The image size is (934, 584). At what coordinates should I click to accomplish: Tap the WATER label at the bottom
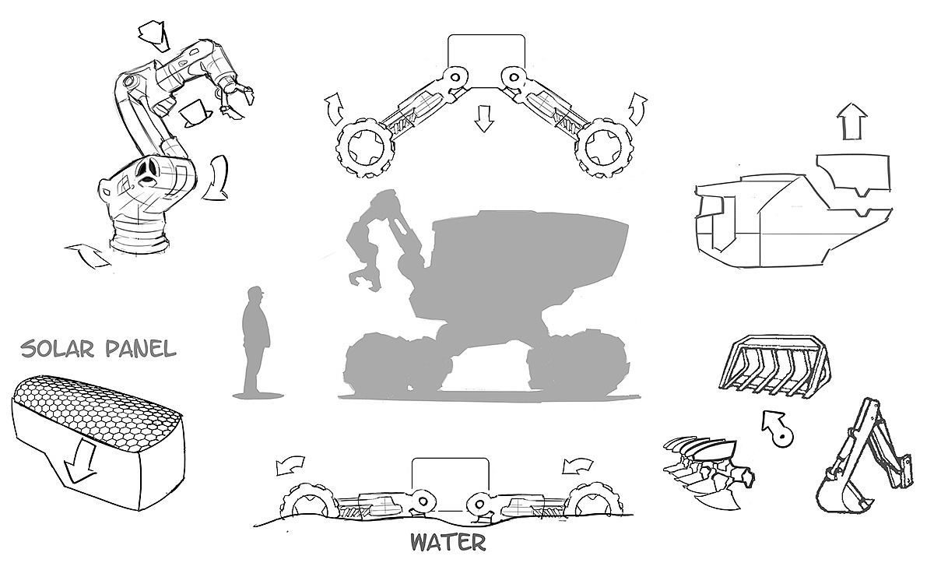click(x=448, y=541)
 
